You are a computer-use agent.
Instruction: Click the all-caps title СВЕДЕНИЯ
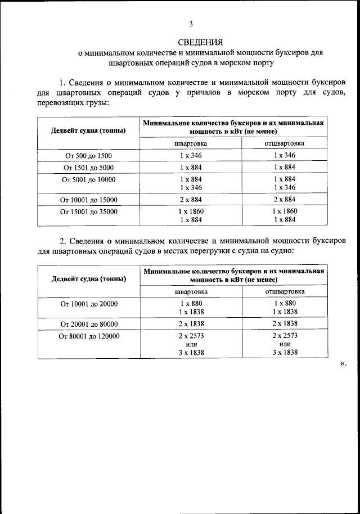click(200, 42)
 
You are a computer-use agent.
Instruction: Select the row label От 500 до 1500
click(88, 155)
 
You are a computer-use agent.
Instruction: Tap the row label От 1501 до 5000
click(88, 168)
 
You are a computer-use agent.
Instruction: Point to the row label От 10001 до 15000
click(88, 200)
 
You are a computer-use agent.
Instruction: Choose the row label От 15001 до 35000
click(88, 211)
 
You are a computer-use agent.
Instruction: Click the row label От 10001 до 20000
click(89, 303)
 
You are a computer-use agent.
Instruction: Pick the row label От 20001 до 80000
click(89, 324)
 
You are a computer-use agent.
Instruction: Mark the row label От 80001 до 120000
click(89, 336)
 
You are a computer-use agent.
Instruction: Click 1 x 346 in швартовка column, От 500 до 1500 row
click(190, 155)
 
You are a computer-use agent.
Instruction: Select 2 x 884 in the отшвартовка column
click(285, 200)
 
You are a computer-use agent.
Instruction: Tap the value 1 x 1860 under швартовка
click(190, 211)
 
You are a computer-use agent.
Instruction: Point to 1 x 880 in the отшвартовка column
click(285, 303)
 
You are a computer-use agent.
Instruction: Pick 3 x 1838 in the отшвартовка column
click(285, 353)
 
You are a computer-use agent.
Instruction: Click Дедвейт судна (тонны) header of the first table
click(88, 130)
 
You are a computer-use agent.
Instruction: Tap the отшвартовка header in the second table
click(285, 292)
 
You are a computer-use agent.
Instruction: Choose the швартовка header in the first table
click(190, 143)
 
